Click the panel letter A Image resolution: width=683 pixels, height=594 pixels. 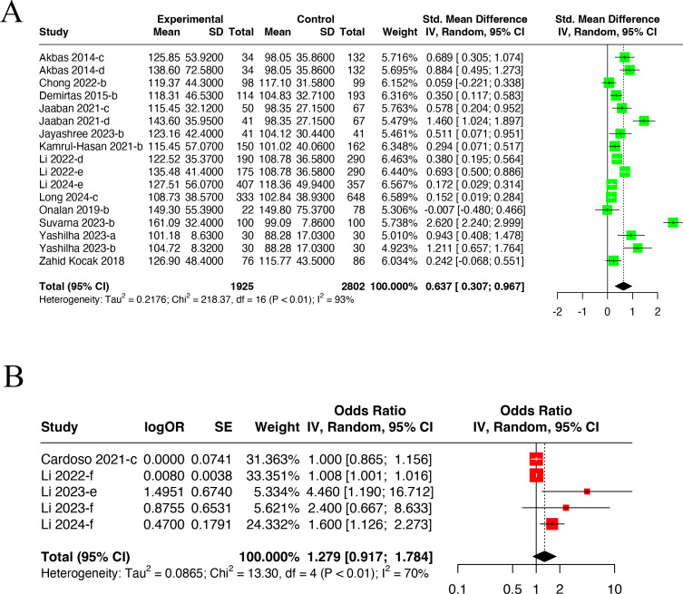pyautogui.click(x=14, y=17)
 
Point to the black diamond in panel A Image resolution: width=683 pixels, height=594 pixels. pyautogui.click(x=623, y=286)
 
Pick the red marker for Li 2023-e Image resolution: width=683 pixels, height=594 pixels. pyautogui.click(x=587, y=491)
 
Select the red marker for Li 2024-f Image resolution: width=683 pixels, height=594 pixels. pyautogui.click(x=551, y=523)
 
